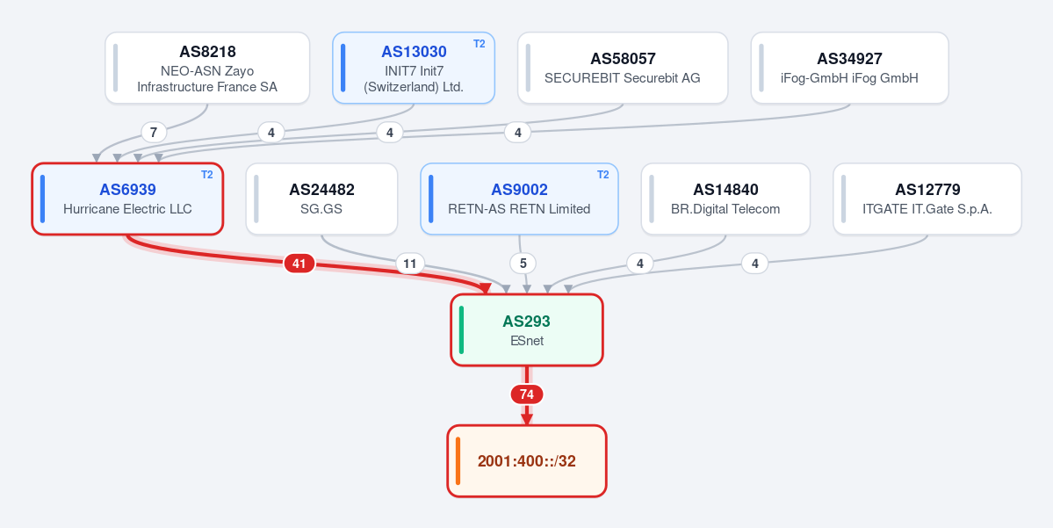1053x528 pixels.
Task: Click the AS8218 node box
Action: click(x=207, y=68)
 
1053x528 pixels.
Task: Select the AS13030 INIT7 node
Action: click(x=414, y=68)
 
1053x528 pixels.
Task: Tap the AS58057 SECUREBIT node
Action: click(x=623, y=68)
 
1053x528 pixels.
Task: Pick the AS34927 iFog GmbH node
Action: click(x=849, y=68)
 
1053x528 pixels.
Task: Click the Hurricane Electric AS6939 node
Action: click(x=127, y=199)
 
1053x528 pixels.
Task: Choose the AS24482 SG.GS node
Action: click(x=321, y=199)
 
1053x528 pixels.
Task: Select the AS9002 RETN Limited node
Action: click(x=519, y=199)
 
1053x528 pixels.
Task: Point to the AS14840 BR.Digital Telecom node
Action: click(x=725, y=199)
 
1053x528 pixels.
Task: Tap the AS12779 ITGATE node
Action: click(x=927, y=199)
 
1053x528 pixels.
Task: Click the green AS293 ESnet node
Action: click(x=527, y=329)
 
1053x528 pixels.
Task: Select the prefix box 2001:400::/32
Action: click(x=527, y=461)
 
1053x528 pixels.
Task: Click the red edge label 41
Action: click(x=299, y=264)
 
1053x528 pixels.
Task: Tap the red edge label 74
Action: click(x=527, y=394)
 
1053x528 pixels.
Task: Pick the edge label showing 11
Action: click(x=409, y=264)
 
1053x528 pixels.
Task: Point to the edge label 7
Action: click(x=154, y=133)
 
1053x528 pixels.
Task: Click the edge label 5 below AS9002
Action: click(x=523, y=264)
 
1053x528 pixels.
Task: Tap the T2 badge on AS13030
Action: click(x=479, y=44)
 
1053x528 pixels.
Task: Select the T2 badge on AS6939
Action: click(x=207, y=175)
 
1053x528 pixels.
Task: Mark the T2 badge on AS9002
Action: click(x=603, y=175)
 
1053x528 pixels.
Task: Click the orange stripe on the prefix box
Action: click(x=458, y=461)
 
